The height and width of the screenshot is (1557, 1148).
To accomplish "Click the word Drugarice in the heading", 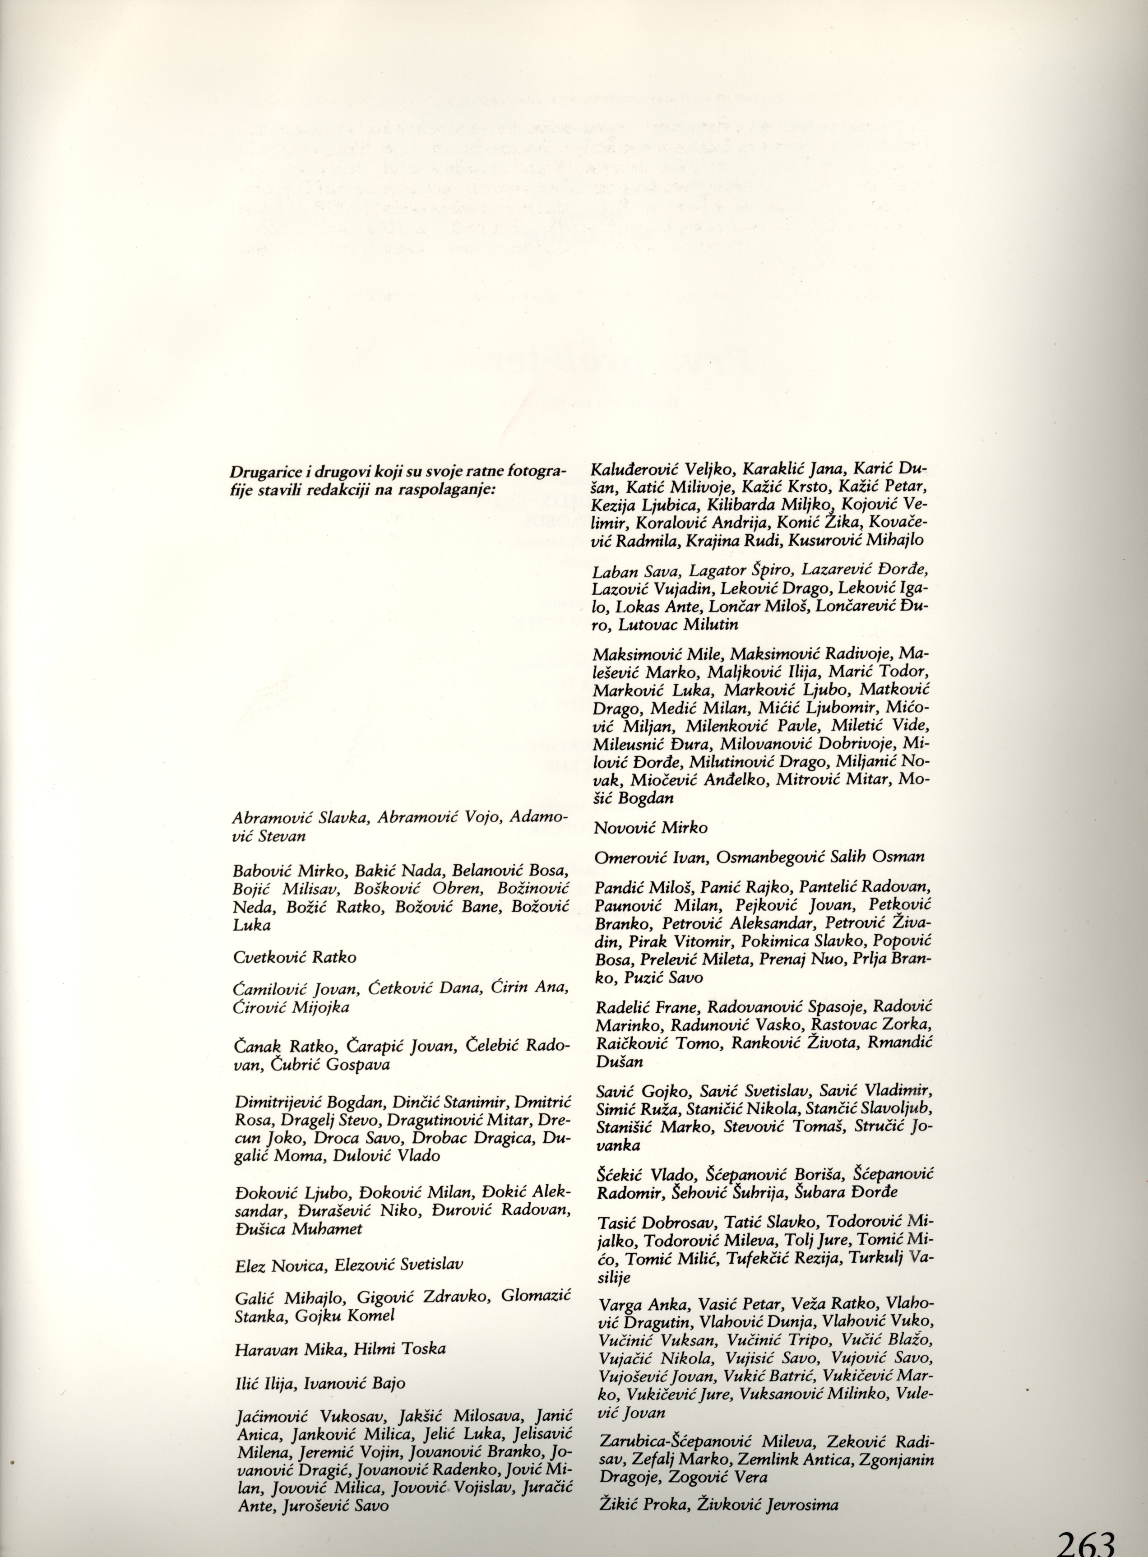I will [x=264, y=473].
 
